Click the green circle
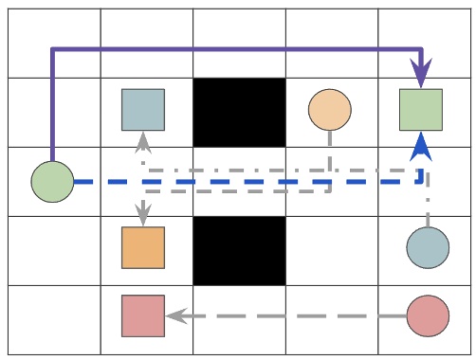52,181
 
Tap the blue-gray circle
428,248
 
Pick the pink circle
428,316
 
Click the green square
421,110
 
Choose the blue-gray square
143,110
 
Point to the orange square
143,248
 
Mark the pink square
143,316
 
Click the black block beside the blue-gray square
240,112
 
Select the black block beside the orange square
240,250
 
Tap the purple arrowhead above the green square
421,73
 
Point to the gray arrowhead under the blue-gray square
143,142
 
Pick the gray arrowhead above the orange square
143,216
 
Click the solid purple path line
237,49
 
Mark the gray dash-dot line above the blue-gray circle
428,204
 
